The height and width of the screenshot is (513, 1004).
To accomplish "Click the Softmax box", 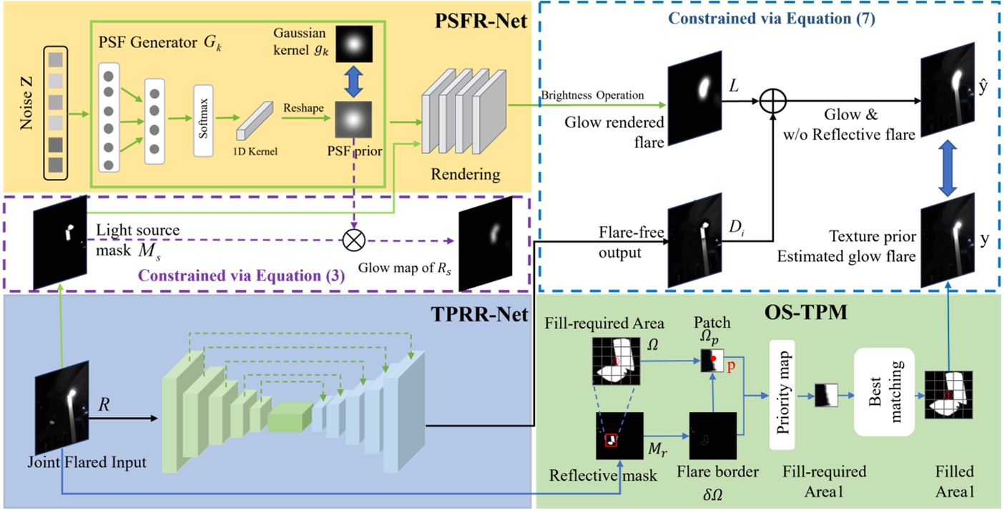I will (204, 119).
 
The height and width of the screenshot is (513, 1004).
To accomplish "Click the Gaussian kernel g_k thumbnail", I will (352, 44).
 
